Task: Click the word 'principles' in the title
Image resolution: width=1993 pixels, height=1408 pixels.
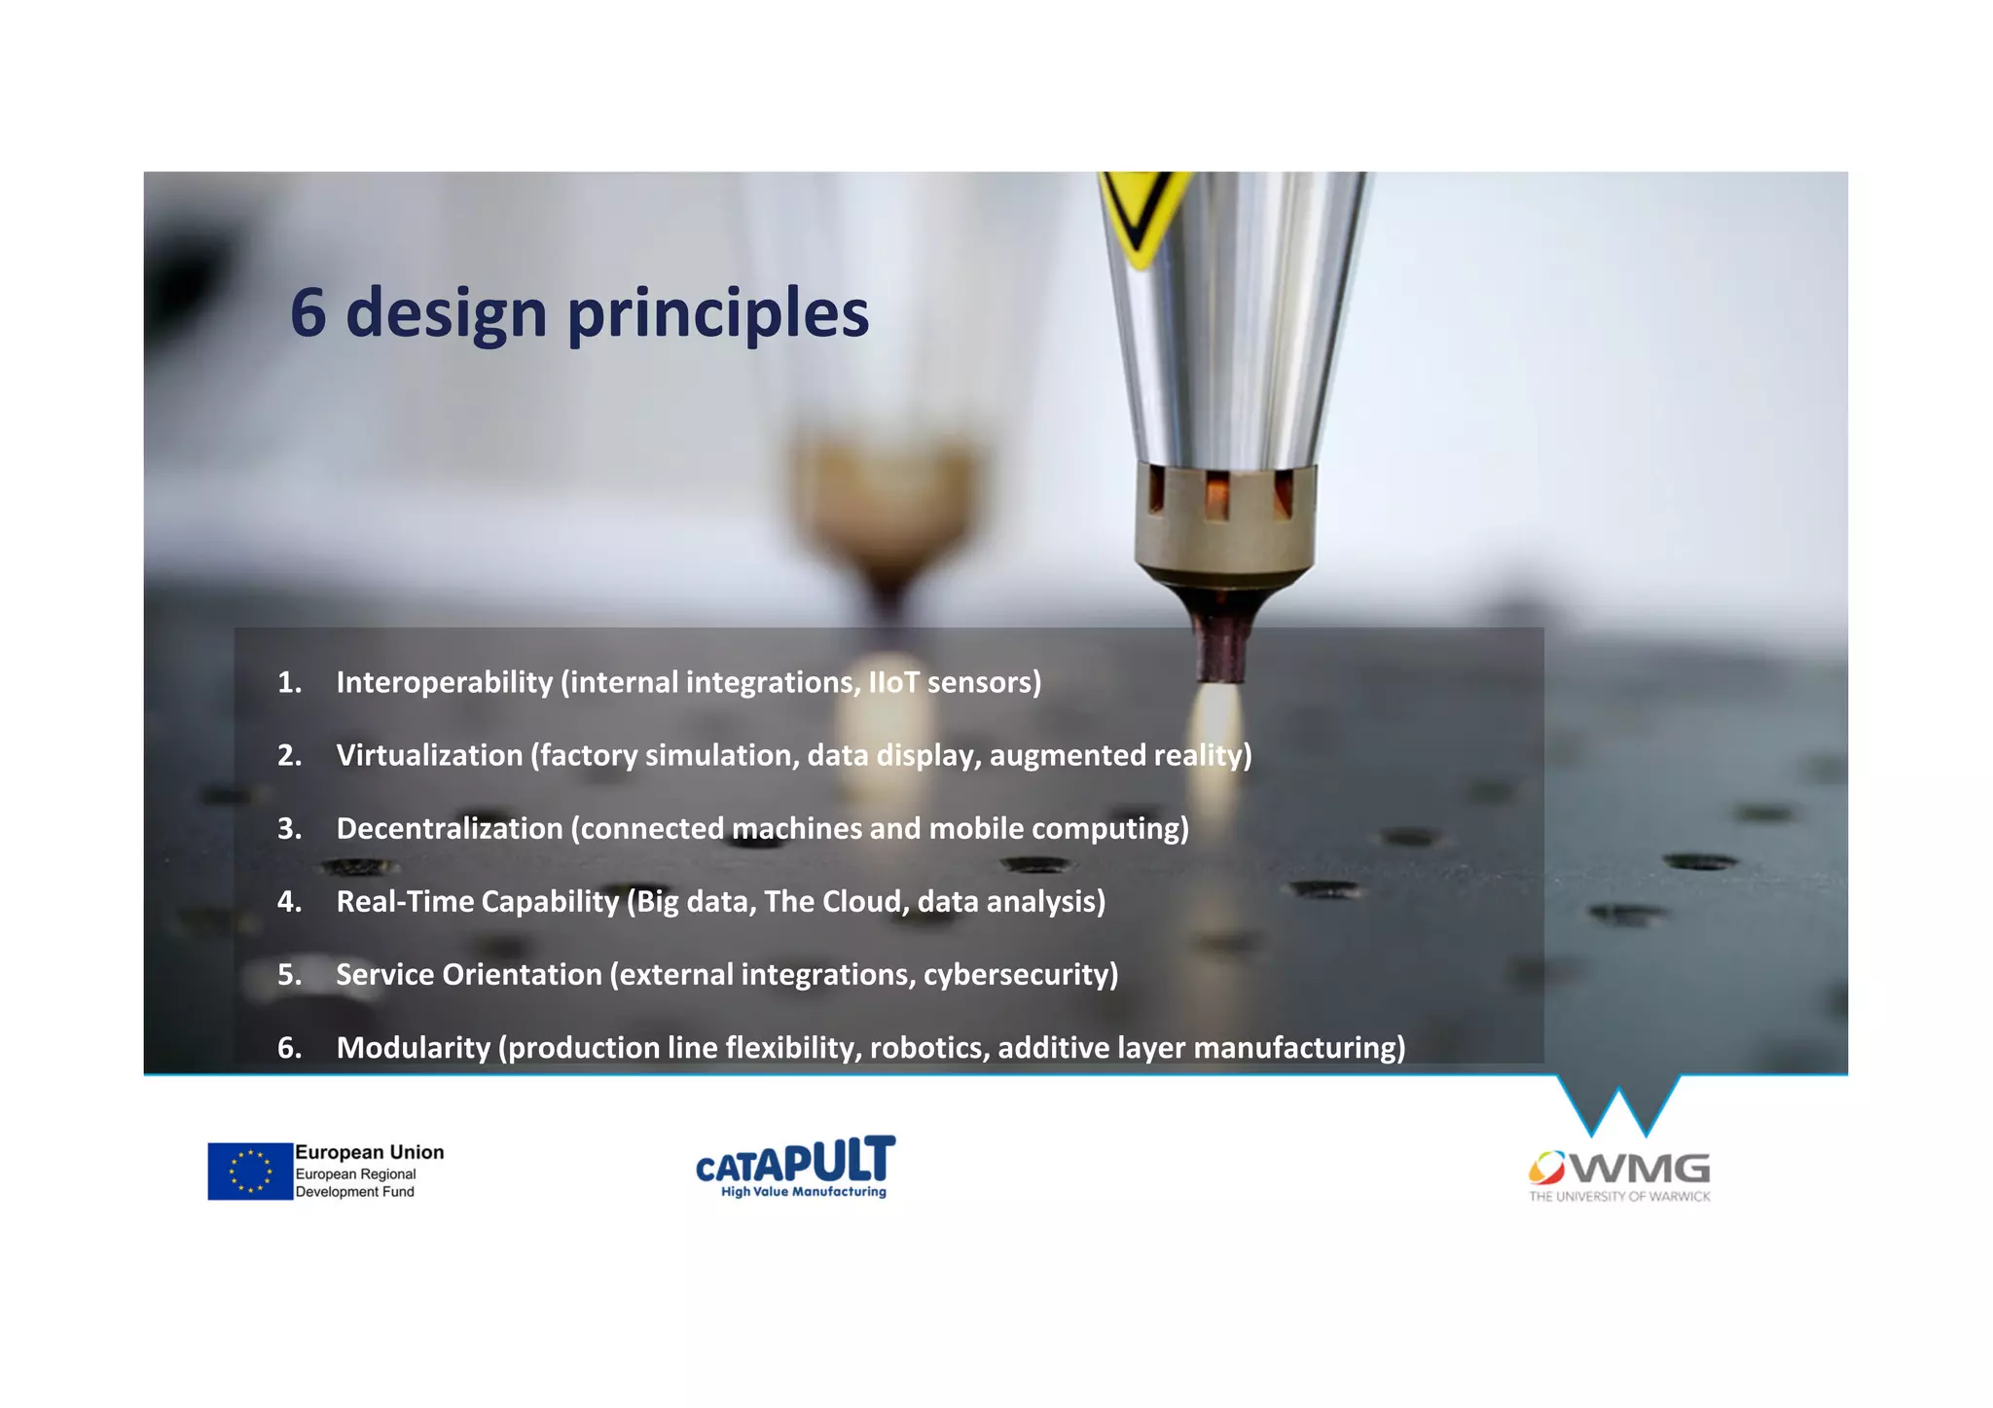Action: pos(717,314)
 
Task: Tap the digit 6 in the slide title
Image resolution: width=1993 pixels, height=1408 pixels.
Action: pos(308,313)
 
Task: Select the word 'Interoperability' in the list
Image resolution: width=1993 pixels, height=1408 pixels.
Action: pos(444,682)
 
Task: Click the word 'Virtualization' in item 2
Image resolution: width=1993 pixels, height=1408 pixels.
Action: pos(429,755)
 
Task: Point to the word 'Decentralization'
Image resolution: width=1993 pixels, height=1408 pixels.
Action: pos(449,828)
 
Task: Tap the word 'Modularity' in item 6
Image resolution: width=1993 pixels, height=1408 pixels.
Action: pos(413,1047)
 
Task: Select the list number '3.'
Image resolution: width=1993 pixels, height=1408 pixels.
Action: pos(289,828)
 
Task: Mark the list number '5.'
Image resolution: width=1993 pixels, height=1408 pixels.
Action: pos(289,974)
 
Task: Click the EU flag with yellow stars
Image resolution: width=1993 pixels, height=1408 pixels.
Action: pos(250,1171)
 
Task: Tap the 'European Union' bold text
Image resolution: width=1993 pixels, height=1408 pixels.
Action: pos(369,1152)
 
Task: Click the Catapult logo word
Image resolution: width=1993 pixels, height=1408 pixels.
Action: pos(795,1160)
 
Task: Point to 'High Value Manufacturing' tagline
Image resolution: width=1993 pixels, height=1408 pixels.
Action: pos(803,1192)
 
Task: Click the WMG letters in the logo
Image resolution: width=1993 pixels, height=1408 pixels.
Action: pos(1645,1167)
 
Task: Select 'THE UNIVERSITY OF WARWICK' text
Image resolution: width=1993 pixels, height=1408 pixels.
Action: pos(1618,1197)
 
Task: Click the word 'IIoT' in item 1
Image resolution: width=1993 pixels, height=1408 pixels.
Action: pos(893,682)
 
